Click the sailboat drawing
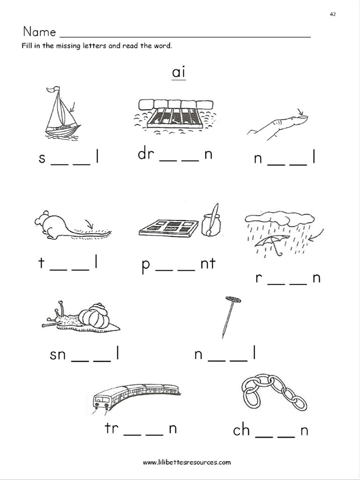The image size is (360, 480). (x=62, y=115)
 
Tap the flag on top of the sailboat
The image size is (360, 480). (x=55, y=89)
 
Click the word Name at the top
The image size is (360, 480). (x=39, y=32)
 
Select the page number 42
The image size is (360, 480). (x=333, y=15)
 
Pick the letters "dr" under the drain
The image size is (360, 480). (x=146, y=154)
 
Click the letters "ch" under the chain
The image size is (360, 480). (x=241, y=430)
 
